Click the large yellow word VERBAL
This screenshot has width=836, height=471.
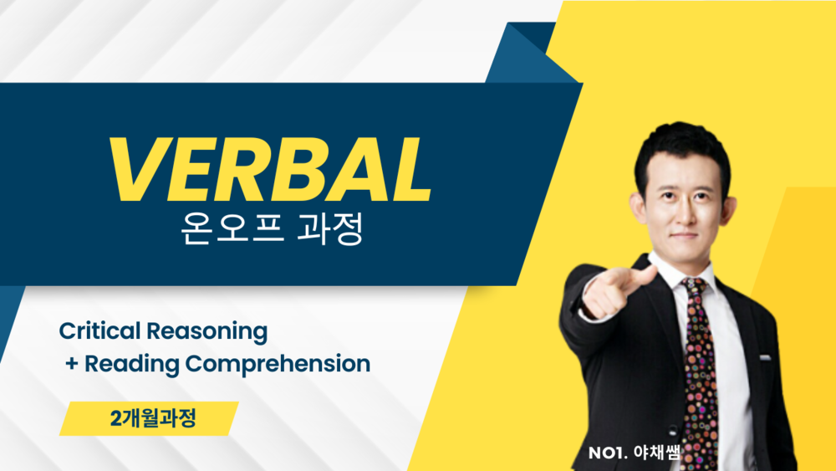(271, 170)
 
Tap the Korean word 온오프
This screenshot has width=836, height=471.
(232, 228)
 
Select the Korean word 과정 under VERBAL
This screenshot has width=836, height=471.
(330, 228)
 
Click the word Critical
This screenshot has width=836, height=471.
(99, 330)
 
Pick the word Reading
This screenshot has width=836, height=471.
(132, 365)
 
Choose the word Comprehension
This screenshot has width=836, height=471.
(278, 365)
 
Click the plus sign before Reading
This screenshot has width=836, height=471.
(72, 364)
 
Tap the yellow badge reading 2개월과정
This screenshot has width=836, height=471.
(149, 419)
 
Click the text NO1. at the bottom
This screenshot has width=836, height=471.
(608, 453)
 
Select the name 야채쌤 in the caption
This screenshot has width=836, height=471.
(657, 453)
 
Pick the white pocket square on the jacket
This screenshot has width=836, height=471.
(765, 357)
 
